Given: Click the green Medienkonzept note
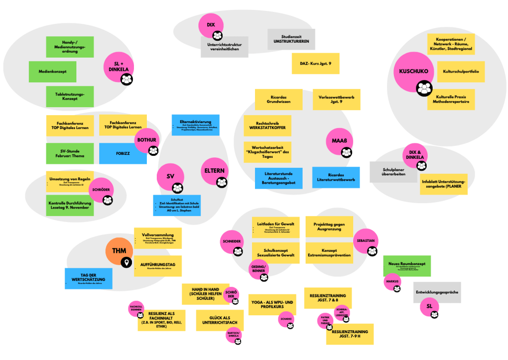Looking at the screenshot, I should point(52,72).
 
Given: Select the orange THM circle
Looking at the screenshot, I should point(119,251).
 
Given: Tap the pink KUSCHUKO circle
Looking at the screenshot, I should point(412,72).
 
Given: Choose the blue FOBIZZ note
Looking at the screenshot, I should point(123,153).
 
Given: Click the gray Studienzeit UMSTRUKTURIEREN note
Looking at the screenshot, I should point(291,39).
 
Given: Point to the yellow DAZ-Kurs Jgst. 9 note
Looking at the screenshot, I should point(316,64).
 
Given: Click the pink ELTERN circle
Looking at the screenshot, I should point(215,171).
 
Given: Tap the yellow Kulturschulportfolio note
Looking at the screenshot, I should point(461,72).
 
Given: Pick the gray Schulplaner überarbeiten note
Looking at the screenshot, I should point(393,172).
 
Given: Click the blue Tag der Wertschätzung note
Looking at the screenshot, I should point(88,279).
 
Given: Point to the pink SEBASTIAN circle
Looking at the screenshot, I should point(366,241).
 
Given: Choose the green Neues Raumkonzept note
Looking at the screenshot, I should point(407,266).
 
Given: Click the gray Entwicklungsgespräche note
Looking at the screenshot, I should point(437,292).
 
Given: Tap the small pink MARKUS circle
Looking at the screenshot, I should point(391,282).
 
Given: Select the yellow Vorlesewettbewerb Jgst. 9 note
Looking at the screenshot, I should point(336,99).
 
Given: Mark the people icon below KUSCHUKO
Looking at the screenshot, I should point(424,89).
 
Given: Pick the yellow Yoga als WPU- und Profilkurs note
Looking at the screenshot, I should point(272,305).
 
